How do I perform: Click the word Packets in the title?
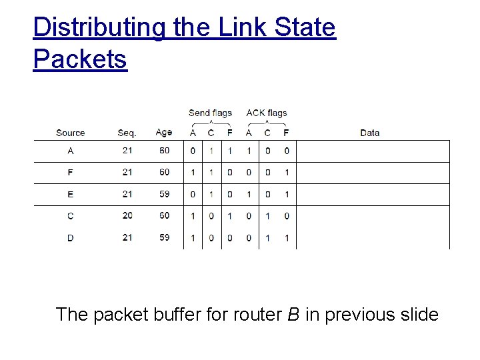[79, 59]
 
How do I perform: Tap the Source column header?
[71, 133]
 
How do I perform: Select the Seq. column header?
[127, 133]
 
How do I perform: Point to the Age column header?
[164, 133]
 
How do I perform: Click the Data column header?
[369, 133]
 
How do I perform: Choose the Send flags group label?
[210, 113]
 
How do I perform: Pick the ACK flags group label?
[267, 113]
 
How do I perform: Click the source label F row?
[71, 172]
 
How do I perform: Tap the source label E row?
[71, 194]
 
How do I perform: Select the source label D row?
[71, 237]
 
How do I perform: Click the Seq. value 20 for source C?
[127, 215]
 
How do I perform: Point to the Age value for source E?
[165, 194]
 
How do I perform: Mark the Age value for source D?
[165, 237]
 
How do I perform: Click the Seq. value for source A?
[127, 151]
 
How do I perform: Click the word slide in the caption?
[417, 314]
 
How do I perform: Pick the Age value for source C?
[165, 215]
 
